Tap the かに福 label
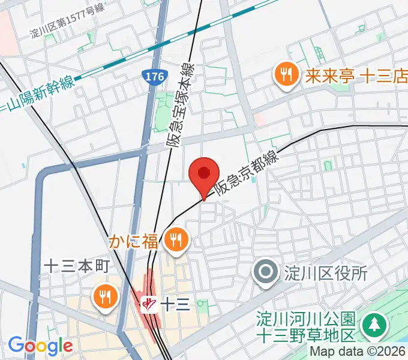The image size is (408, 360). [134, 241]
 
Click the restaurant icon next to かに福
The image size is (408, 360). [176, 241]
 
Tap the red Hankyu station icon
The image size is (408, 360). [149, 304]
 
